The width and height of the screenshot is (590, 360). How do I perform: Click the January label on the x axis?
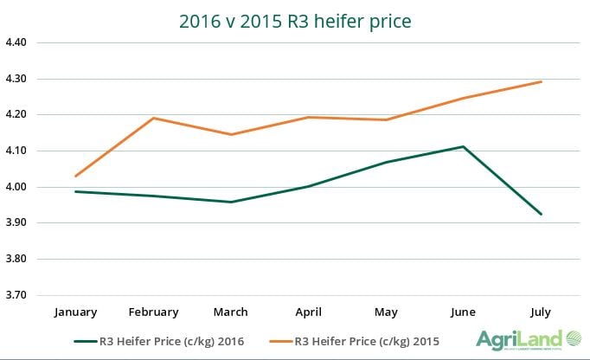coord(76,312)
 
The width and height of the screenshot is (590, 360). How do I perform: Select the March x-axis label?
coord(229,312)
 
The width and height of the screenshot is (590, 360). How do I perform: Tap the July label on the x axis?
coord(541,312)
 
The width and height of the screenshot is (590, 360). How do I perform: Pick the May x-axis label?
coord(385,312)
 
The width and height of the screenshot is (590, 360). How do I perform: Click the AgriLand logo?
coord(528,338)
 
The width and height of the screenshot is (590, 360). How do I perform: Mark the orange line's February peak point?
coord(153,118)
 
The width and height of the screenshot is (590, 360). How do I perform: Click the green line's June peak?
coord(463,146)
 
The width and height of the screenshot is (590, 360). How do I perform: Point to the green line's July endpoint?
coord(541,214)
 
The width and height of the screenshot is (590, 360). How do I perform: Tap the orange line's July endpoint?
coord(541,81)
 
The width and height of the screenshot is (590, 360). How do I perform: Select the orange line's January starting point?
coord(76,177)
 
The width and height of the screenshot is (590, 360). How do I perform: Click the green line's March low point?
coord(230,202)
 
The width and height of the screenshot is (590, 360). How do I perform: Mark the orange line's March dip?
coord(230,134)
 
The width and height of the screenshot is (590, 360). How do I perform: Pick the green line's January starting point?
coord(76,191)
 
